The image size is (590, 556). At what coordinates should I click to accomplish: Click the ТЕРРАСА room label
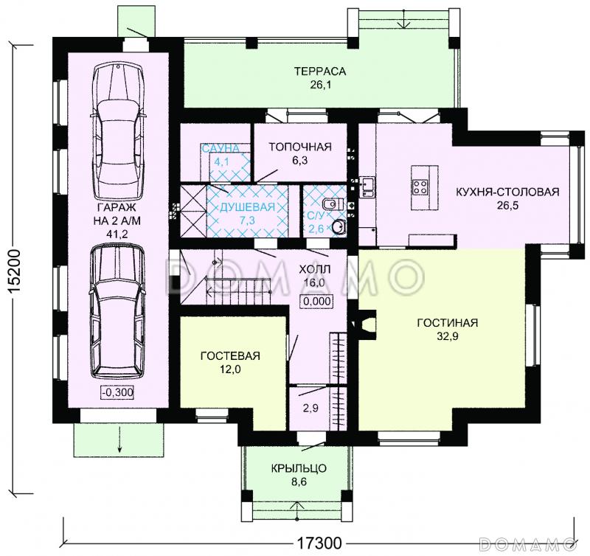click(320, 71)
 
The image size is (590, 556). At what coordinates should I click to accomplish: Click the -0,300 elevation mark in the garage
click(118, 392)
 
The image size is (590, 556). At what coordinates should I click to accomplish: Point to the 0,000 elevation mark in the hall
click(316, 301)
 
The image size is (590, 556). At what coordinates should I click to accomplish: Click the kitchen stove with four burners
click(420, 187)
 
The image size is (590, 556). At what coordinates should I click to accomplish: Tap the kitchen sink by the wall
click(367, 187)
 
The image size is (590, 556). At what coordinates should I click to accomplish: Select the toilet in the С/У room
click(333, 204)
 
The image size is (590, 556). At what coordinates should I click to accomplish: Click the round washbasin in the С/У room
click(339, 226)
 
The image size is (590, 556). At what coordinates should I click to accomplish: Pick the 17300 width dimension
click(319, 543)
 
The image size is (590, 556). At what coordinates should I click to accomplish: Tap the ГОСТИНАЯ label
click(448, 323)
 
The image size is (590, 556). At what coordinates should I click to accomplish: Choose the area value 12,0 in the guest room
click(230, 369)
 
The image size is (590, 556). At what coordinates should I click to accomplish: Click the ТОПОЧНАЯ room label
click(300, 147)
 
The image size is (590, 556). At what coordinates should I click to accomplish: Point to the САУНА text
click(221, 148)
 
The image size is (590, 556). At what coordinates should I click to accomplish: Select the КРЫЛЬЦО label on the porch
click(299, 468)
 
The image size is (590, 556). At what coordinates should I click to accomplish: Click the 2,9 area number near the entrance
click(310, 408)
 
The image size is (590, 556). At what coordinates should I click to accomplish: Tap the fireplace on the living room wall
click(364, 324)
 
